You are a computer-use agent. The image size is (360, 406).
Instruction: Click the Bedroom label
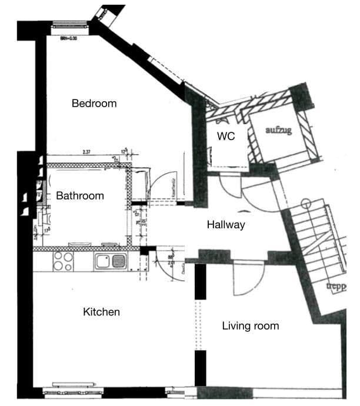(94, 104)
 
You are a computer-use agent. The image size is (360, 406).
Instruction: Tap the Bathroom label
(80, 196)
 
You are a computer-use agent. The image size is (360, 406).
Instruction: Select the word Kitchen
(101, 312)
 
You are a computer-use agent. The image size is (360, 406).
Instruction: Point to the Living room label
(250, 326)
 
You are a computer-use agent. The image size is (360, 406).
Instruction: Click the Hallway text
(226, 225)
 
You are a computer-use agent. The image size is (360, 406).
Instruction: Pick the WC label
(226, 136)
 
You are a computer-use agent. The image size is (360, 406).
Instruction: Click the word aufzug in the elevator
(278, 130)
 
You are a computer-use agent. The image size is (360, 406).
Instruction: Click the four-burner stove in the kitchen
(63, 261)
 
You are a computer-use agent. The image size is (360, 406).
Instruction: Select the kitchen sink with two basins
(111, 261)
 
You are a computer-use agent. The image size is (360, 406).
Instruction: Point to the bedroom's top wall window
(69, 25)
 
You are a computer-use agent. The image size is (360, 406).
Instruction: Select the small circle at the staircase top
(305, 204)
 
